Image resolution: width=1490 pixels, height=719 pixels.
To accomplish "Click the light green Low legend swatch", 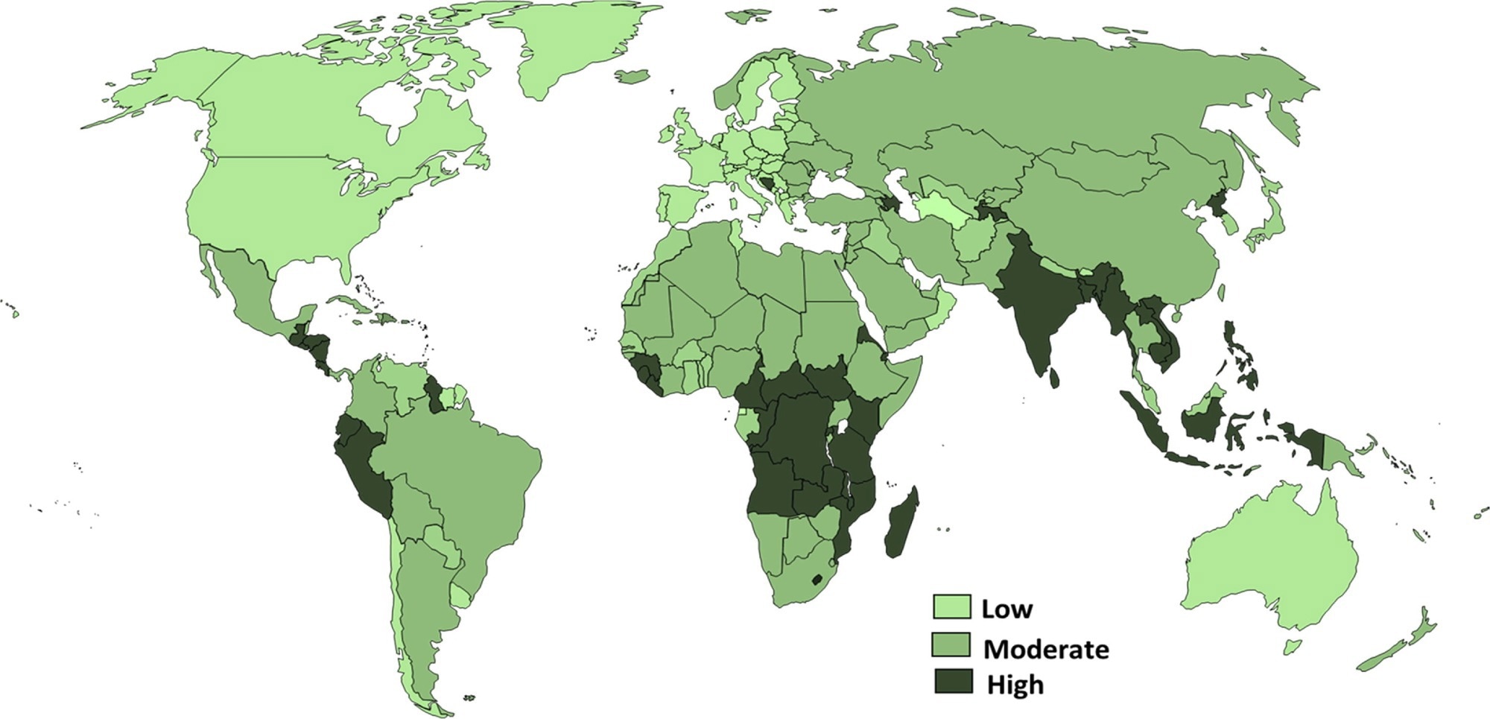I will [x=951, y=606].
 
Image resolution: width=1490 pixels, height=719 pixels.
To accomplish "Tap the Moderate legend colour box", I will [x=951, y=645].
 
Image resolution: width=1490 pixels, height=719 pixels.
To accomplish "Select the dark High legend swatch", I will [x=954, y=681].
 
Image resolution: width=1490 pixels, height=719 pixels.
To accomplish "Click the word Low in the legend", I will [x=1006, y=609].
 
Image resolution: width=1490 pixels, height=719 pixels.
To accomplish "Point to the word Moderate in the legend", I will [x=1045, y=649].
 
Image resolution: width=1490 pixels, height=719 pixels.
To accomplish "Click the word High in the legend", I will [x=1015, y=685].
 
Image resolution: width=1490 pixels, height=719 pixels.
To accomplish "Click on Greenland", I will [x=574, y=45].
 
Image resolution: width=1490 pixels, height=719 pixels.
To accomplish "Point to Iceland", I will [x=632, y=76].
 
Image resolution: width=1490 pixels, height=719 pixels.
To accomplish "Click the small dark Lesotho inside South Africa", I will [x=817, y=579].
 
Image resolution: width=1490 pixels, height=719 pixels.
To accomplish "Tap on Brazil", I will [x=462, y=469].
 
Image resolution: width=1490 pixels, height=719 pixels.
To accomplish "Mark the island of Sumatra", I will [x=1144, y=422].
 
